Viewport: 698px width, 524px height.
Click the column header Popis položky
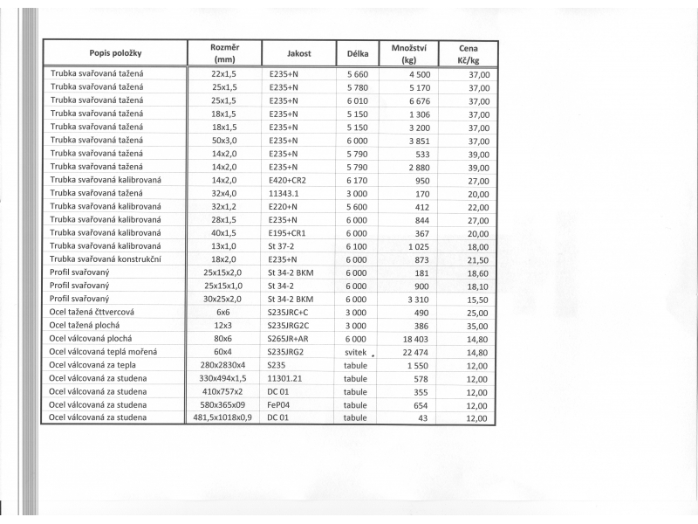[x=115, y=53]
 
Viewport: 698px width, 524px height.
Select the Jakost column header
[x=298, y=53]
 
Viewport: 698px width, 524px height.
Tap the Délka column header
[x=358, y=53]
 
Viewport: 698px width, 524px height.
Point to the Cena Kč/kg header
[x=474, y=53]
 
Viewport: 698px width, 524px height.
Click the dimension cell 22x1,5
[x=224, y=74]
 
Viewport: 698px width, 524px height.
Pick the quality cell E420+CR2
[x=288, y=179]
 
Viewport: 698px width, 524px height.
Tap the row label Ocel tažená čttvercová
[x=92, y=312]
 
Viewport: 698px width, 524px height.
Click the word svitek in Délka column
[x=356, y=352]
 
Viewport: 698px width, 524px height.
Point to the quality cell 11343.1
[x=285, y=193]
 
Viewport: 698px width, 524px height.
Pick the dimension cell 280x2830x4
[x=223, y=365]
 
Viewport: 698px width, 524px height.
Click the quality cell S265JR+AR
[x=289, y=339]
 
